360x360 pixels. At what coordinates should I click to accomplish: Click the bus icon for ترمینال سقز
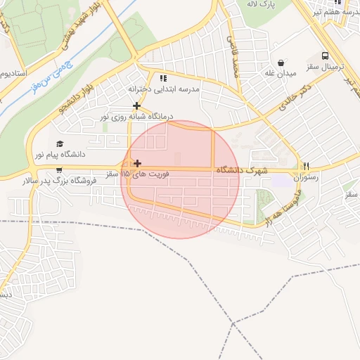(x=325, y=55)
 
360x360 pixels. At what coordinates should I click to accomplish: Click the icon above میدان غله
(x=281, y=63)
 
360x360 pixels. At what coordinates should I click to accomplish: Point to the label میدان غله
(x=280, y=74)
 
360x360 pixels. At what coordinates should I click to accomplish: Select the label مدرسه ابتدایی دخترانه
(x=163, y=89)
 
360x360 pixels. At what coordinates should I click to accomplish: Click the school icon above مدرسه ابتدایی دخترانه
(x=163, y=78)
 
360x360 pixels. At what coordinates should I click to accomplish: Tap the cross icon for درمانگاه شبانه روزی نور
(x=136, y=105)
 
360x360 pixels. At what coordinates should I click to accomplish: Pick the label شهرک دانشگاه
(x=242, y=170)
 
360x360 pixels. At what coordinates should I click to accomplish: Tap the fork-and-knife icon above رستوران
(x=306, y=166)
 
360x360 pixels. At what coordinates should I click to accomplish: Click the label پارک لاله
(x=259, y=4)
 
